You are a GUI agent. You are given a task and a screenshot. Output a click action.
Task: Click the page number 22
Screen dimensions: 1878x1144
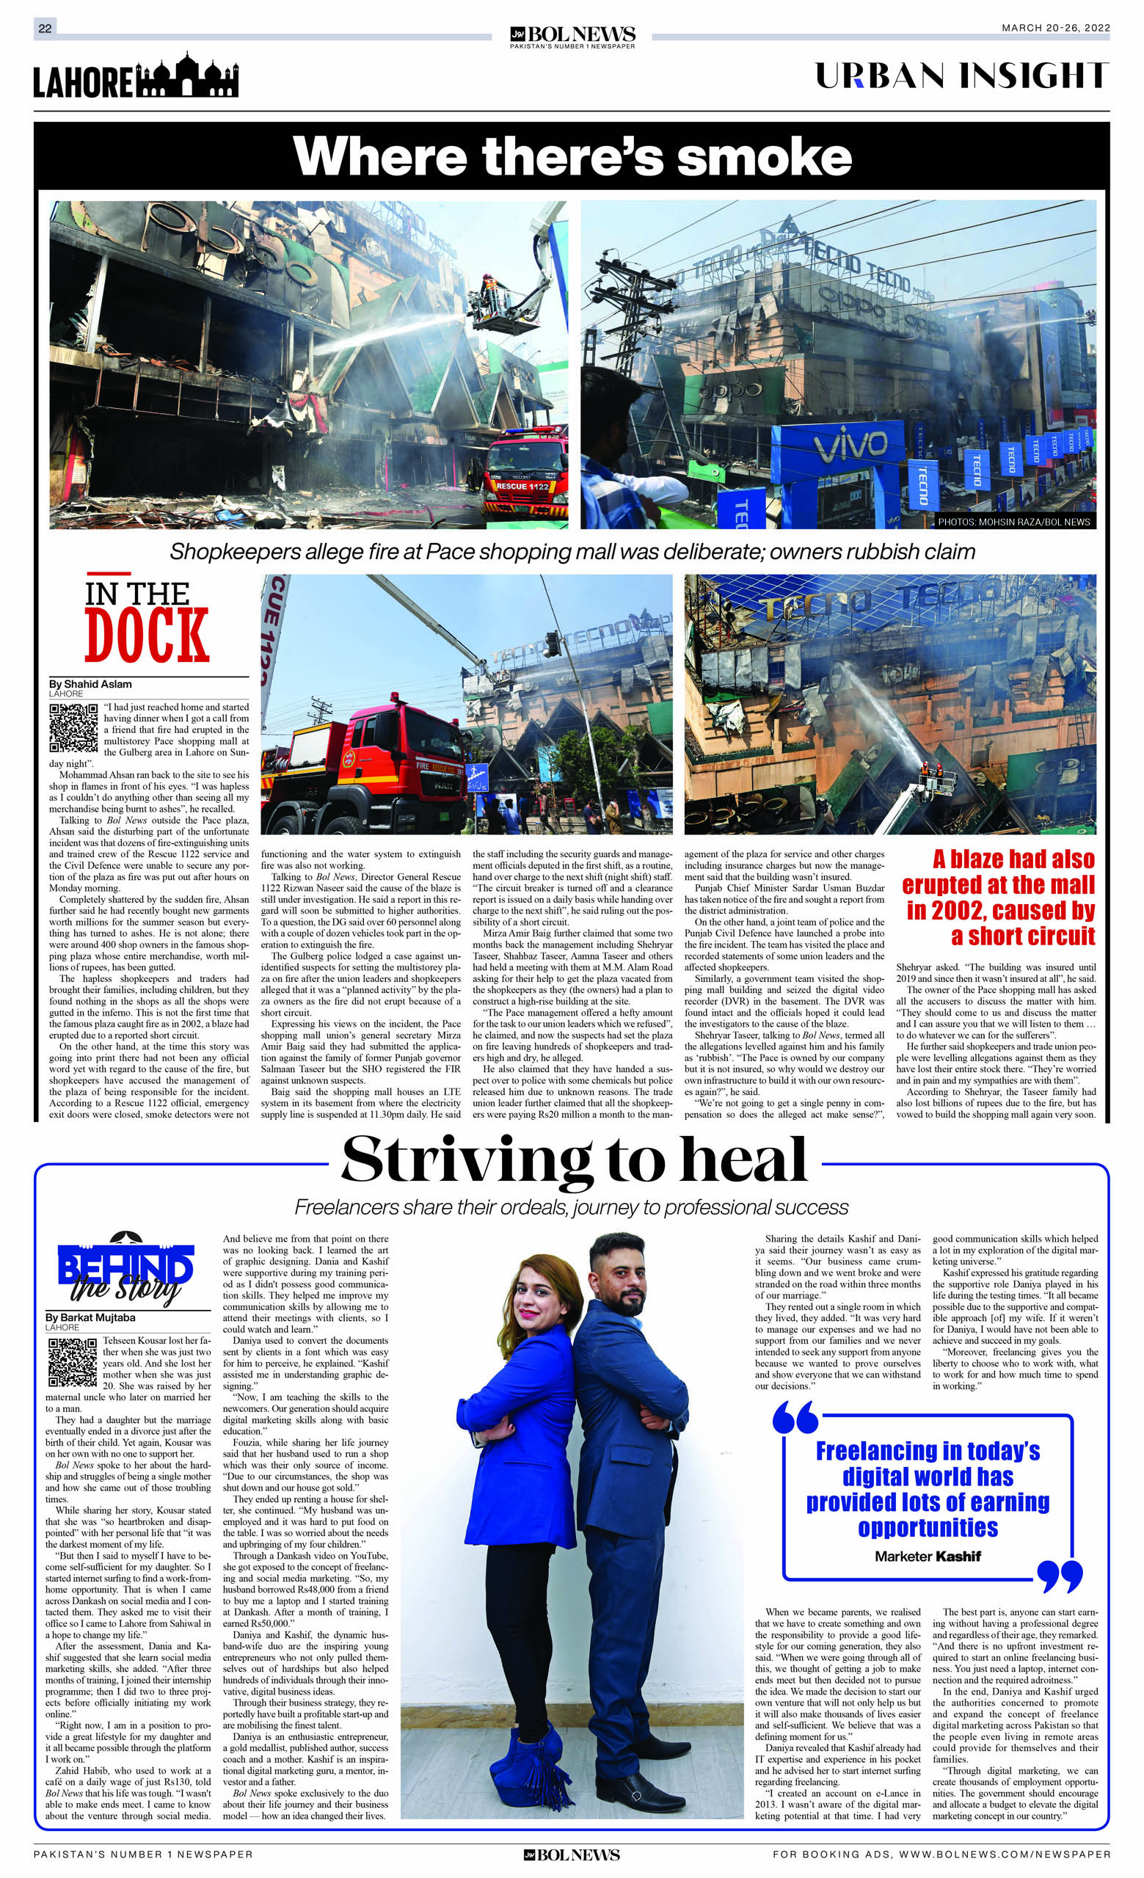click(45, 29)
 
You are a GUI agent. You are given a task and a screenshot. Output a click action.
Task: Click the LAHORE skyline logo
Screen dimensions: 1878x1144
click(136, 77)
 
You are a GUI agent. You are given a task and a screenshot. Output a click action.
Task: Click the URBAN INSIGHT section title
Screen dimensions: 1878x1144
click(961, 76)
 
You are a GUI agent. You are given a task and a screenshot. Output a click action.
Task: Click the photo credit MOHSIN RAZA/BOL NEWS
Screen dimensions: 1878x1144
click(1013, 522)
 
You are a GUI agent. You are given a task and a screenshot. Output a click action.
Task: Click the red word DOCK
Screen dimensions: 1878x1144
click(146, 636)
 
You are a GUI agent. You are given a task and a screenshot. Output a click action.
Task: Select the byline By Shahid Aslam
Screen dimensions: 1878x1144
click(90, 684)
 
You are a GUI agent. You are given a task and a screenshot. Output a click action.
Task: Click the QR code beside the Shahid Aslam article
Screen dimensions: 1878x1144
click(74, 727)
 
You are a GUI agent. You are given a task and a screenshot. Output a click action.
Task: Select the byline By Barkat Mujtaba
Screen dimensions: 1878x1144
click(91, 1317)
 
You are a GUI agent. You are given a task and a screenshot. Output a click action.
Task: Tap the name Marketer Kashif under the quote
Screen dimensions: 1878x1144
click(927, 1557)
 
